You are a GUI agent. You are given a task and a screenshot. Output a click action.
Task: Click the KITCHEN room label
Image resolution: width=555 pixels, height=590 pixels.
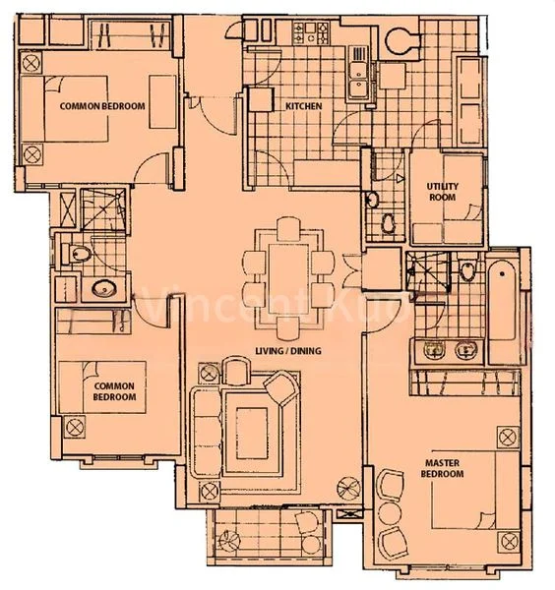[x=304, y=106]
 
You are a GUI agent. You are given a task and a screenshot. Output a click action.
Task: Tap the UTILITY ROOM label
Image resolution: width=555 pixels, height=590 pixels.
[x=443, y=192]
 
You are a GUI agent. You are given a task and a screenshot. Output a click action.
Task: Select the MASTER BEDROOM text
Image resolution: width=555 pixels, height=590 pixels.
[x=444, y=468]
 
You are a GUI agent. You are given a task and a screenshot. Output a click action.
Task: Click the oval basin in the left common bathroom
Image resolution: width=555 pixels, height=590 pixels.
[x=101, y=290]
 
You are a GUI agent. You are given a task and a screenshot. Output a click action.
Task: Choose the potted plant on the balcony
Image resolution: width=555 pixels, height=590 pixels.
[x=229, y=539]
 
